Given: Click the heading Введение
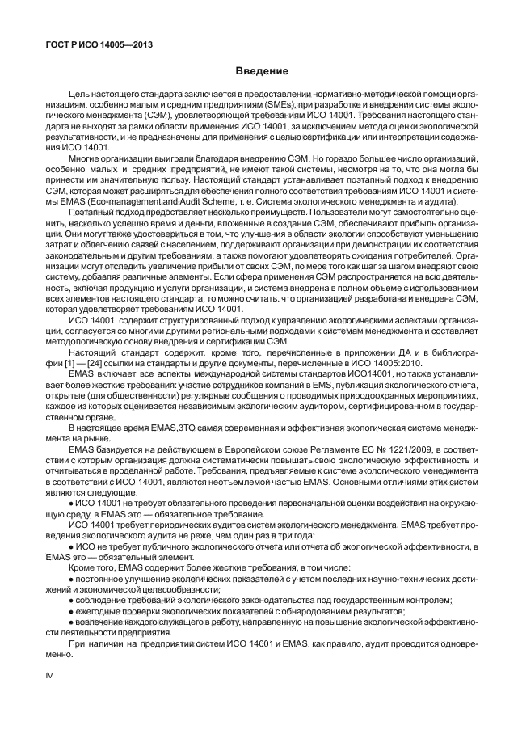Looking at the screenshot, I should (261, 72).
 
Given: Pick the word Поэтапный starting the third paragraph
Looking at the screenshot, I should (89, 209).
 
